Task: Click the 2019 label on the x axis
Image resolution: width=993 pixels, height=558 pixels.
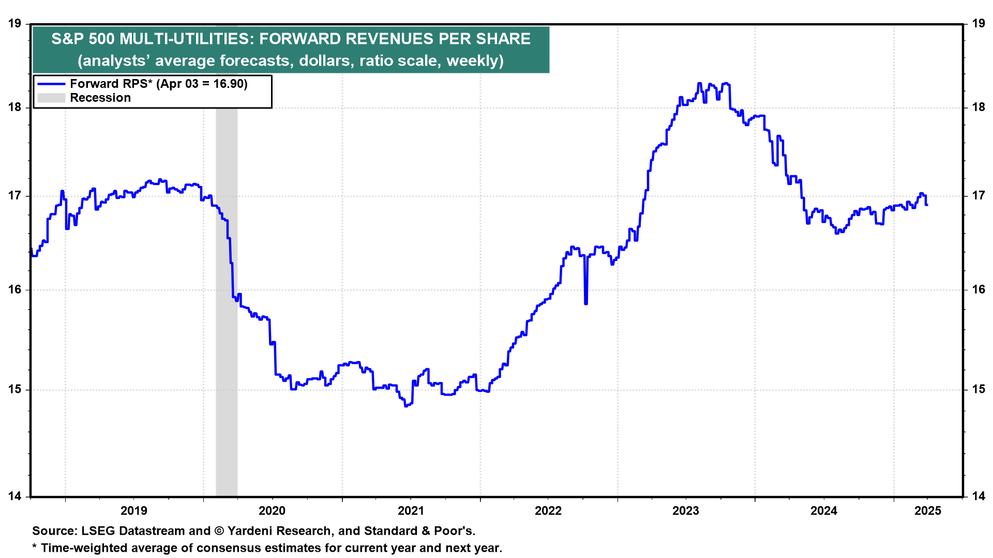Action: (134, 511)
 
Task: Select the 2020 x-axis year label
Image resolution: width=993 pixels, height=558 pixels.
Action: (272, 511)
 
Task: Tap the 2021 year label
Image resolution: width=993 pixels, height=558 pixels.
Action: (411, 511)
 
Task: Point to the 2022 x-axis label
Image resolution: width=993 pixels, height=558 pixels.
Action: (548, 511)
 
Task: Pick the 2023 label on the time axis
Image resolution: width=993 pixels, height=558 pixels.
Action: (686, 511)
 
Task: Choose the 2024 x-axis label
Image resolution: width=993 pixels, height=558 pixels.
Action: (824, 511)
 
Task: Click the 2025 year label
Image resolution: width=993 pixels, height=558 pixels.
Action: (928, 511)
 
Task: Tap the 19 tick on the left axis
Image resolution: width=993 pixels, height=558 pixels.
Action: (14, 23)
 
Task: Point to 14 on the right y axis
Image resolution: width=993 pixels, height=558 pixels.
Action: (979, 497)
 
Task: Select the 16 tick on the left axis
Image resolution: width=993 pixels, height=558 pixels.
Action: (14, 289)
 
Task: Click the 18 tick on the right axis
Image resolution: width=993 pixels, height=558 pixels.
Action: (979, 107)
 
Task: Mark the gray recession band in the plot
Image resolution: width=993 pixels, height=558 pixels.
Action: (227, 310)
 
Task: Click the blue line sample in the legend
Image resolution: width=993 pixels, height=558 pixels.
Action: (51, 84)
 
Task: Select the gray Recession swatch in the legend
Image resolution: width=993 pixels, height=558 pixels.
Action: (51, 98)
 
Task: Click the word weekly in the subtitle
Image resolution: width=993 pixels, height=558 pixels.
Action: (472, 61)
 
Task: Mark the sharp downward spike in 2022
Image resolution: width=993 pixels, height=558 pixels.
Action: (586, 302)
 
